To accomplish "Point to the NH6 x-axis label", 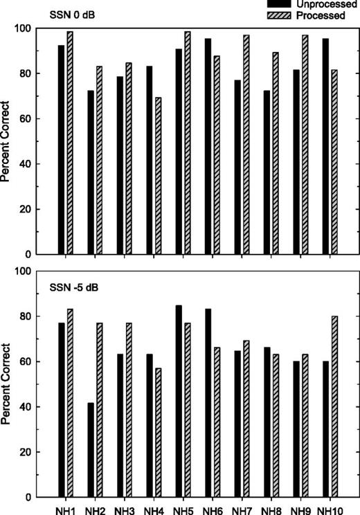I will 213,509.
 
